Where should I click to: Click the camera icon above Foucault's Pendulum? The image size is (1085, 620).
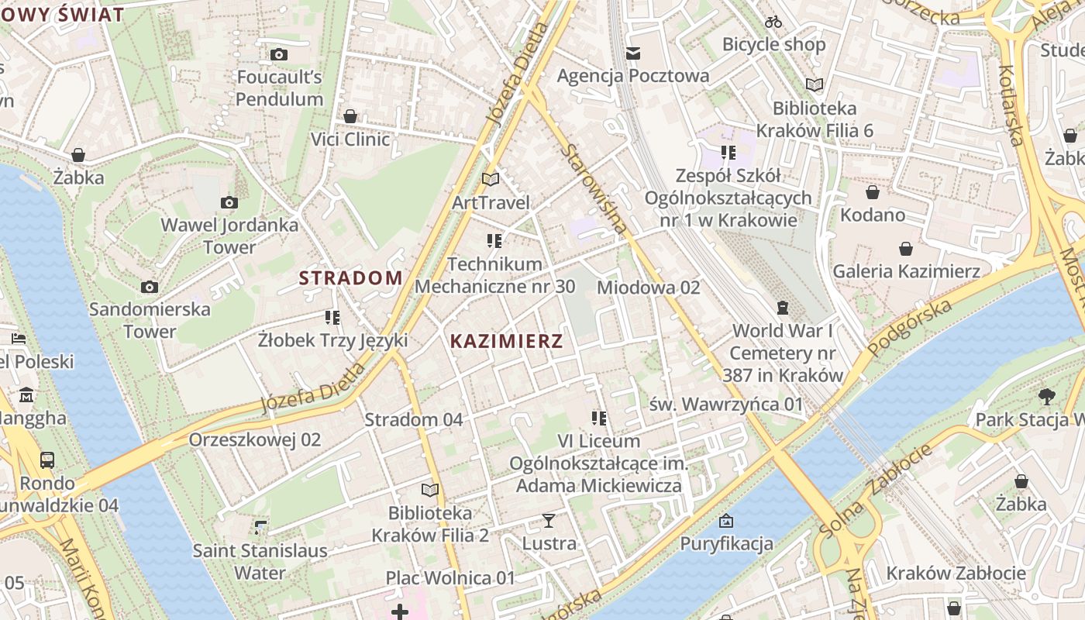tap(278, 54)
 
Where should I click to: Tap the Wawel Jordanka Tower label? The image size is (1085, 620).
tap(229, 236)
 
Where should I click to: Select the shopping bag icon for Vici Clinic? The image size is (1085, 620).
tap(350, 116)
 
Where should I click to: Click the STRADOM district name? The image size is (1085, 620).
tap(351, 277)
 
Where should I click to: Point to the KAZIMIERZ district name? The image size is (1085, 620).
tap(506, 341)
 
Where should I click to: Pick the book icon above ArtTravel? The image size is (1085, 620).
tap(490, 179)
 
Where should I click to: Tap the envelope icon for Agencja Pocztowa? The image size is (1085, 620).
tap(633, 53)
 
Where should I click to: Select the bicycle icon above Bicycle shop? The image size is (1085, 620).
tap(773, 22)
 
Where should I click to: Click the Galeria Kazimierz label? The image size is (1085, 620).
tap(906, 271)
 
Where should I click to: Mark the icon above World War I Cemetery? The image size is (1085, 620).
tap(783, 308)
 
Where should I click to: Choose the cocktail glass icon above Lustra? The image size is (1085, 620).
tap(549, 520)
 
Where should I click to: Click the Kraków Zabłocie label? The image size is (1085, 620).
tap(956, 573)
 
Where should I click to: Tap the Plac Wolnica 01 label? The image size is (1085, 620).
tap(450, 578)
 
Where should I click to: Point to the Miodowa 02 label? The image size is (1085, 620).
tap(648, 288)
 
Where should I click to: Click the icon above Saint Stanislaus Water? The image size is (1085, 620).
tap(260, 529)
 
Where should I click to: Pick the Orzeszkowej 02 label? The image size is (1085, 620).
tap(254, 439)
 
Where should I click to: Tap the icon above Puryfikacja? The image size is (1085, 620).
tap(726, 520)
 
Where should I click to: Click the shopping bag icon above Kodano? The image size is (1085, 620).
tap(873, 191)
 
